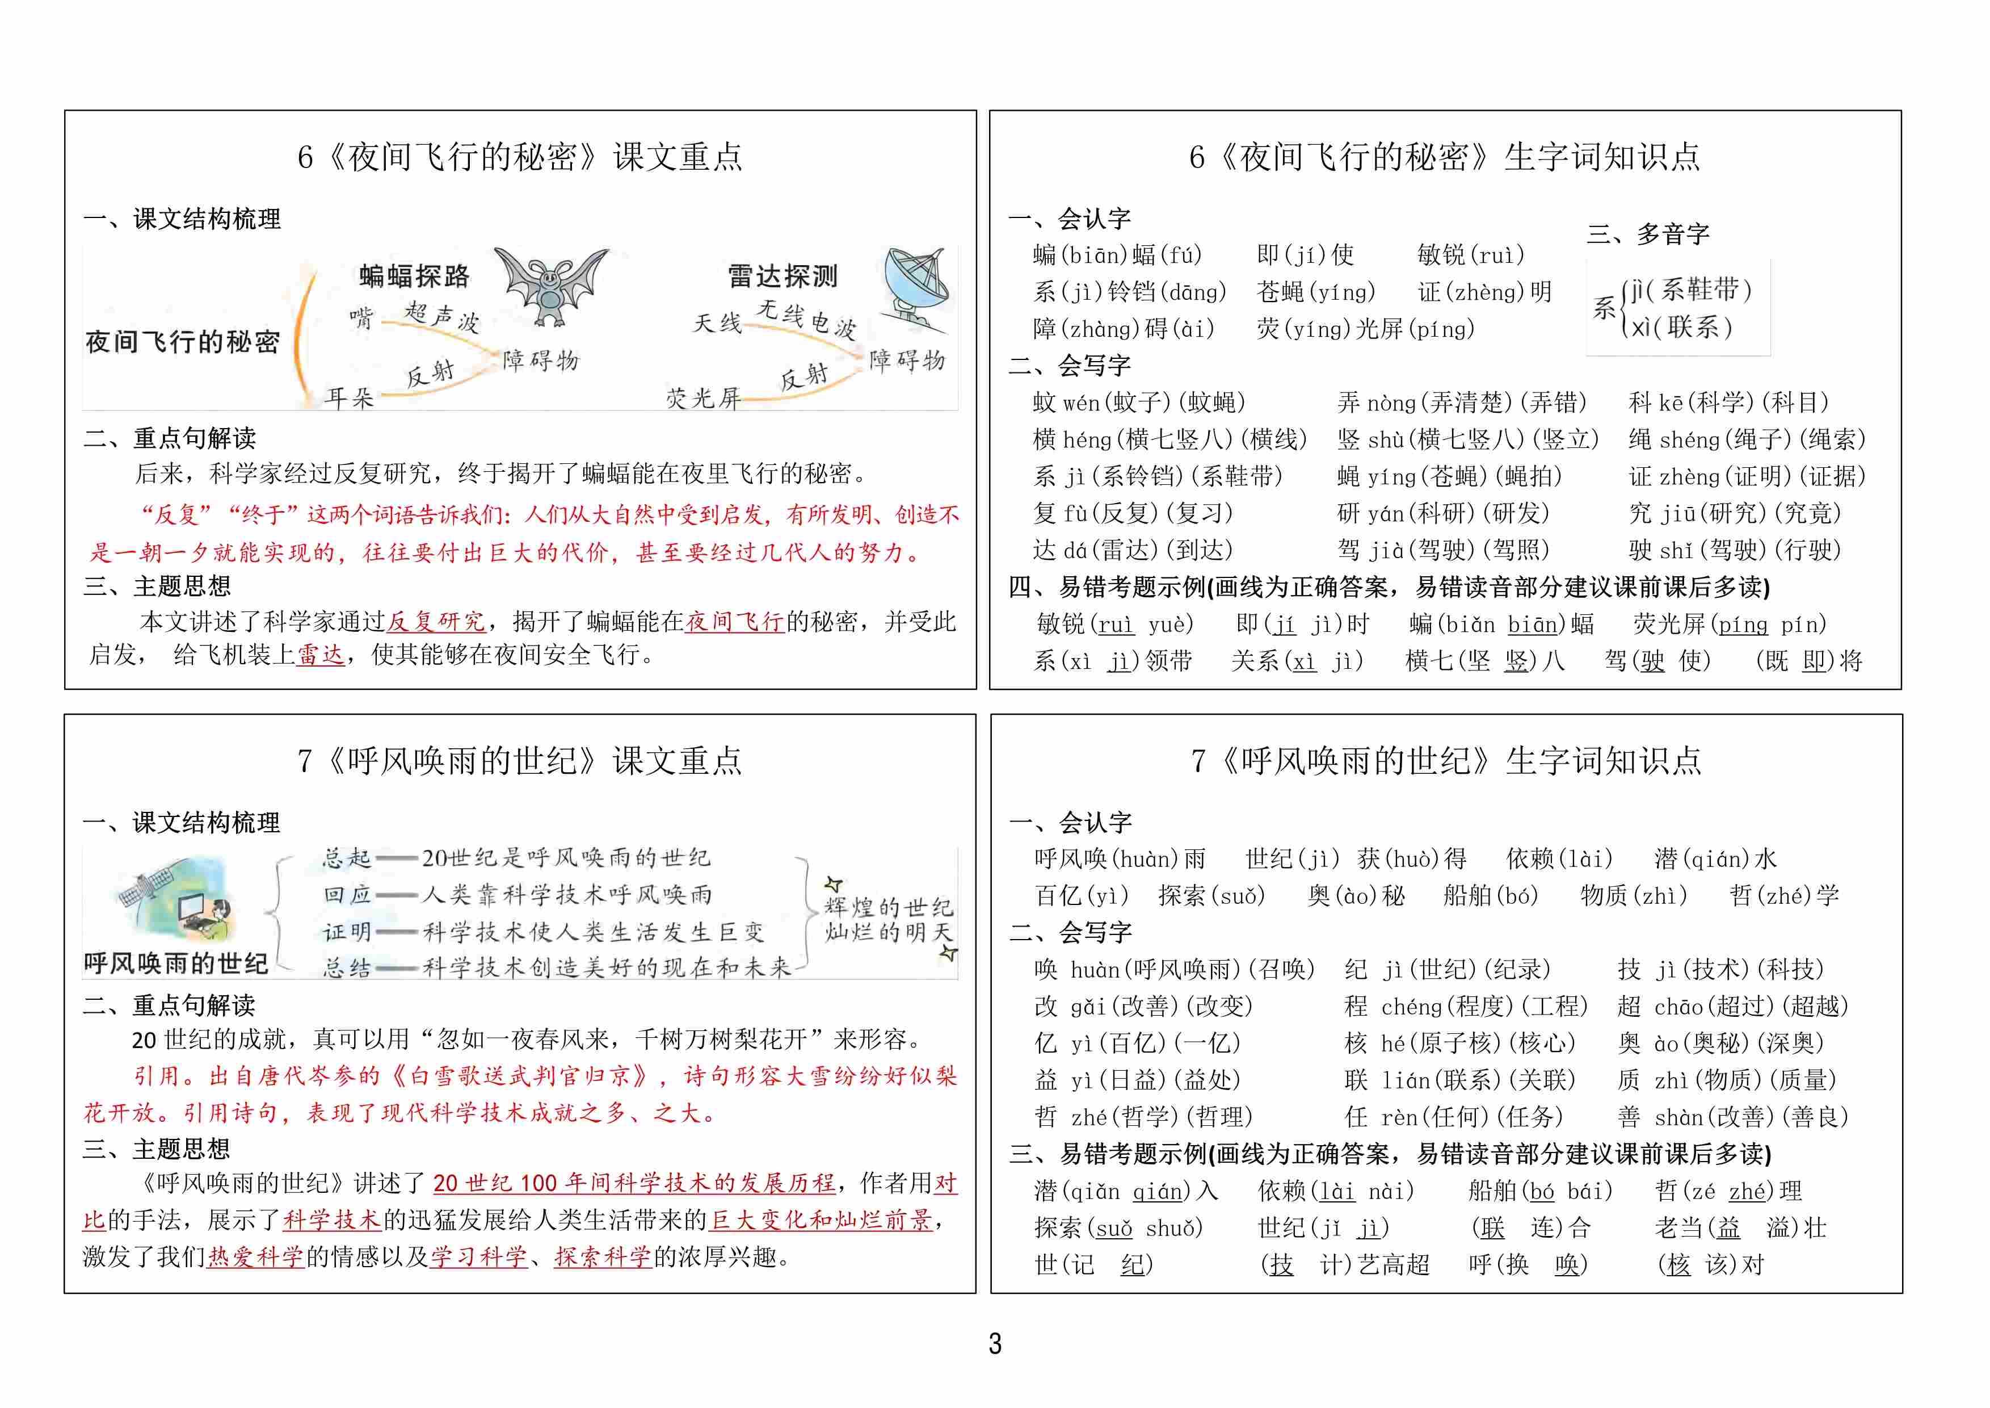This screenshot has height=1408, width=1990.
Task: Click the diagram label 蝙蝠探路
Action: coord(414,276)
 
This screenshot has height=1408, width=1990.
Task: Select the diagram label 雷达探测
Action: coord(782,276)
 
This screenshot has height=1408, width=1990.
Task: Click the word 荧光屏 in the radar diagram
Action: coord(703,398)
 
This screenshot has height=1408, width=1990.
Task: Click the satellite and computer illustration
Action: coord(178,902)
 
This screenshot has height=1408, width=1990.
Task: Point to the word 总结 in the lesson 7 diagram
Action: coord(347,967)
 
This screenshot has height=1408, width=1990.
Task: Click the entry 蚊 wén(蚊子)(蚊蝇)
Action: coord(1139,403)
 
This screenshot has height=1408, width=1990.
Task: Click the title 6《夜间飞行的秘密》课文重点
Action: coord(520,157)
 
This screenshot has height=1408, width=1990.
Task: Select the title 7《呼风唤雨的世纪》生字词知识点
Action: coord(1446,761)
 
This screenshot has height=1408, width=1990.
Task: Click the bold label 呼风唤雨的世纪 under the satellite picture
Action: coord(176,963)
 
